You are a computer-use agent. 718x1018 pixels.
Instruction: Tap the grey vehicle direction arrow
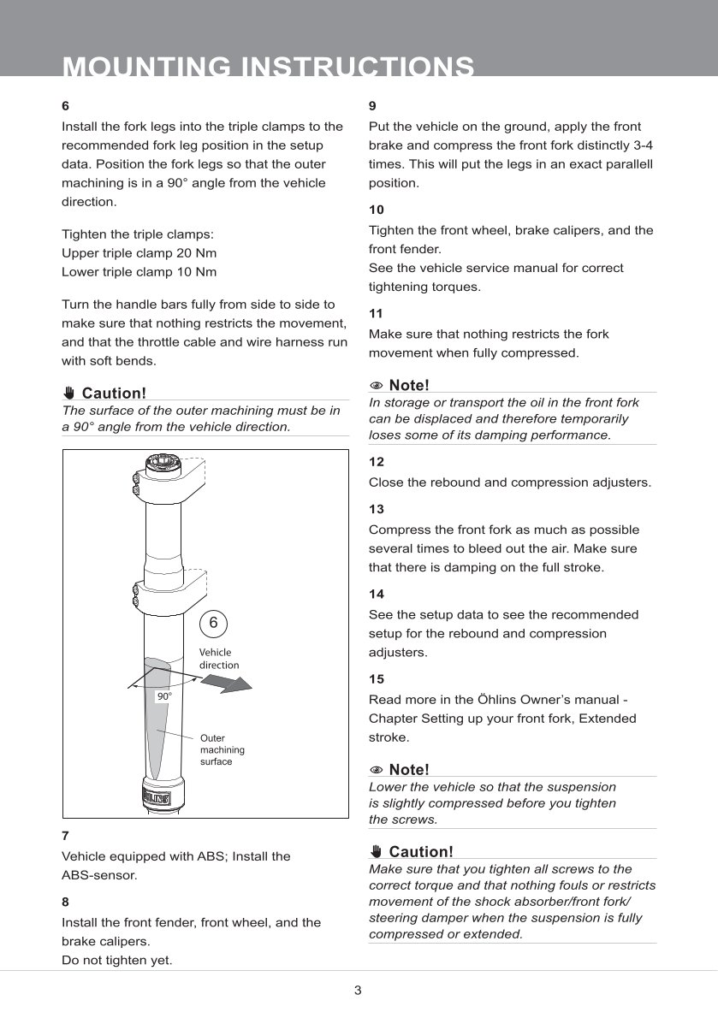228,682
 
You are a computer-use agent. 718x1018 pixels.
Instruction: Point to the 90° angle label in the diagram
163,696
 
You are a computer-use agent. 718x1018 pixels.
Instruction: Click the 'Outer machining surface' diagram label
222,749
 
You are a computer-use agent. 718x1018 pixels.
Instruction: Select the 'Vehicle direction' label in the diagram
219,659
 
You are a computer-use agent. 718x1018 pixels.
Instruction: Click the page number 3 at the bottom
359,991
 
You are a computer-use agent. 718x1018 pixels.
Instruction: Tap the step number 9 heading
372,106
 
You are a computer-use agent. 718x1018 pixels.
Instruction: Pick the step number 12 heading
376,461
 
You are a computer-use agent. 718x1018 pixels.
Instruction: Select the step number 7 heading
65,835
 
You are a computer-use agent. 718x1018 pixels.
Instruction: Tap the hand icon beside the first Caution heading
69,393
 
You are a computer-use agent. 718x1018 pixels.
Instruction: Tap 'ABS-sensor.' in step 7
99,875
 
